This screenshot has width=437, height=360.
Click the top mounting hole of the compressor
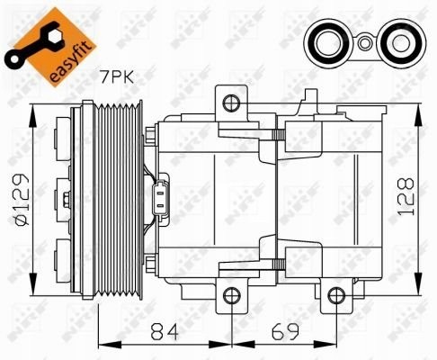tap(230, 102)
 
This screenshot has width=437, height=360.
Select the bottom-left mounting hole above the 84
tap(230, 295)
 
